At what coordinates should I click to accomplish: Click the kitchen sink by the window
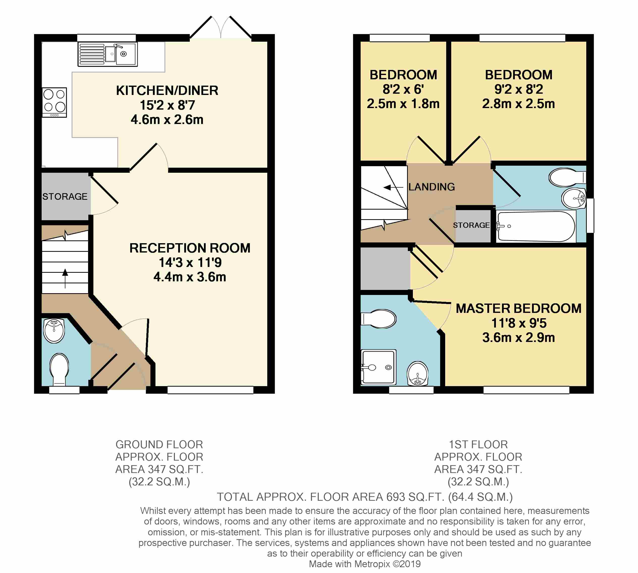point(108,55)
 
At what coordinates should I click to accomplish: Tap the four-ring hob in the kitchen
point(55,102)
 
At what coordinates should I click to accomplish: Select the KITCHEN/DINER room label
point(167,91)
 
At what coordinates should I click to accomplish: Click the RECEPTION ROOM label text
point(190,248)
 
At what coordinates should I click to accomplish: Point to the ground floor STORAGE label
point(65,196)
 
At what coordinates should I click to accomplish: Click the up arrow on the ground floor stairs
point(65,278)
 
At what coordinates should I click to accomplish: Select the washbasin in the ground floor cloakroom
point(54,330)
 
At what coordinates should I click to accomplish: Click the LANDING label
point(432,187)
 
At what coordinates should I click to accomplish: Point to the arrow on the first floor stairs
point(393,187)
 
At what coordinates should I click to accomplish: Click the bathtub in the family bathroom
point(536,226)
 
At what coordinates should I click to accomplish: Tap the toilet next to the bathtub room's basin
point(568,178)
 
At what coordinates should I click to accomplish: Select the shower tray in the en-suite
point(379,367)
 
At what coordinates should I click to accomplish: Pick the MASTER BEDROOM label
point(518,309)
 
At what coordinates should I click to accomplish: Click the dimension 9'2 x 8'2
point(518,89)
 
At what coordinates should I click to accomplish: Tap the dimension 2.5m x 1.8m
point(403,104)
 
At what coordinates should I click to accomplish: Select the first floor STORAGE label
point(471,225)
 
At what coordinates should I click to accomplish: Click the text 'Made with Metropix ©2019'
point(365,564)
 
